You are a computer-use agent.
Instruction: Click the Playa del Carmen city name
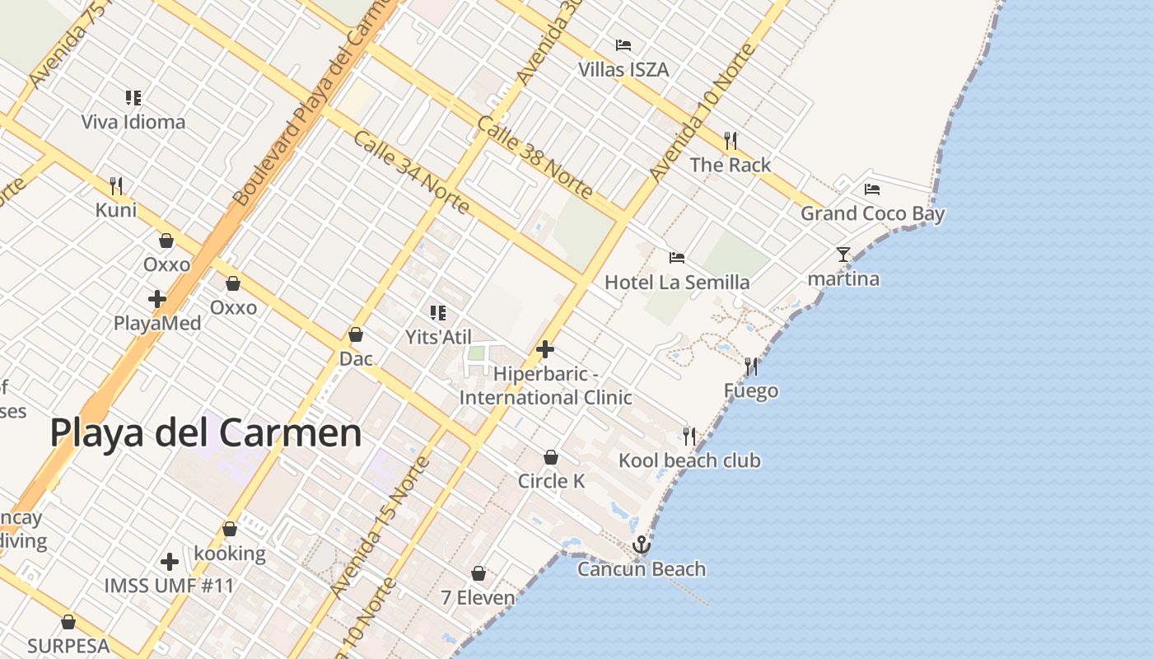pyautogui.click(x=206, y=433)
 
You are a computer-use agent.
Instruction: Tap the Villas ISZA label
pyautogui.click(x=623, y=70)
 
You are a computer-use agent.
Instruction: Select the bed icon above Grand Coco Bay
pyautogui.click(x=872, y=189)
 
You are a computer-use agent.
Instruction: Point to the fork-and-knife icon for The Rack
pyautogui.click(x=731, y=141)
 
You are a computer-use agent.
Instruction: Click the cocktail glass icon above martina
pyautogui.click(x=843, y=255)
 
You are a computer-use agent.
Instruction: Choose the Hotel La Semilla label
pyautogui.click(x=677, y=283)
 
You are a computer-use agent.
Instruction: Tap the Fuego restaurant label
pyautogui.click(x=751, y=390)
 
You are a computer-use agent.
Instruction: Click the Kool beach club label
pyautogui.click(x=689, y=460)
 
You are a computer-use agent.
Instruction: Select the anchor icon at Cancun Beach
pyautogui.click(x=641, y=545)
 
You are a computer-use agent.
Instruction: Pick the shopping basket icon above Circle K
pyautogui.click(x=551, y=457)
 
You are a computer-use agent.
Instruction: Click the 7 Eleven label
pyautogui.click(x=478, y=598)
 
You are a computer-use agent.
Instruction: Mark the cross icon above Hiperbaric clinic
pyautogui.click(x=544, y=350)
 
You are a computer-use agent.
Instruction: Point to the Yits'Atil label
pyautogui.click(x=438, y=337)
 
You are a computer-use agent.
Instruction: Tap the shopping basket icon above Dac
pyautogui.click(x=356, y=334)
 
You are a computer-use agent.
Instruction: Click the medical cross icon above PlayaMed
pyautogui.click(x=157, y=299)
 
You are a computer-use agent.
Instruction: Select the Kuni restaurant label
pyautogui.click(x=116, y=210)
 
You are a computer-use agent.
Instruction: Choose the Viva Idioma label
pyautogui.click(x=133, y=123)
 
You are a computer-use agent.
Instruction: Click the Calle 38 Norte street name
pyautogui.click(x=534, y=158)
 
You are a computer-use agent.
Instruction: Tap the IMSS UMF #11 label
pyautogui.click(x=169, y=587)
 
